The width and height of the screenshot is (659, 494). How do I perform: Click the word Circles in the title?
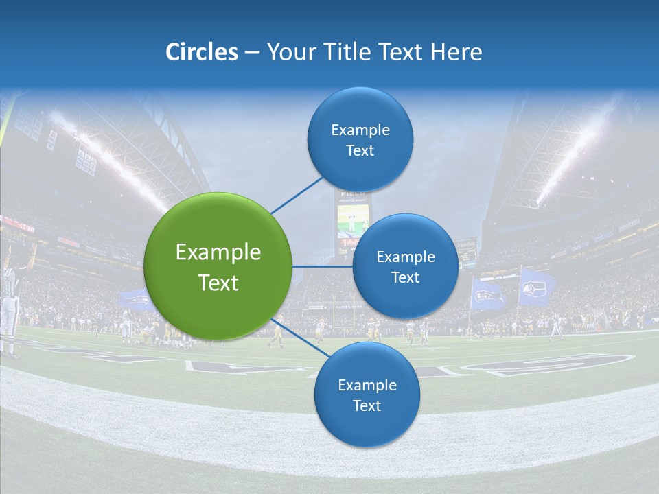202,52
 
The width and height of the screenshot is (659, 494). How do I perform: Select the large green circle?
218,266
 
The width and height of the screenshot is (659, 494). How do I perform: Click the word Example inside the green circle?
218,252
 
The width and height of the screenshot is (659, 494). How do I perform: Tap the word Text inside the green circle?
218,283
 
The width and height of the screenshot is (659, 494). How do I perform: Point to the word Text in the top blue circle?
360,150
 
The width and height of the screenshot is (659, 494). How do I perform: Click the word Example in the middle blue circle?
405,257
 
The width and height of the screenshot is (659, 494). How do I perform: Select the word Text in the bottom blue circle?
367,405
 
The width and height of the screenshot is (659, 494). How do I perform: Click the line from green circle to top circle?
297,195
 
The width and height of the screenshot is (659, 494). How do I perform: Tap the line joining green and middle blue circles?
323,266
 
